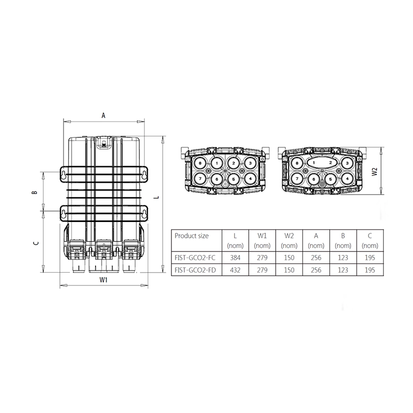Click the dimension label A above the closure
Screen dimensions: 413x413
click(x=104, y=115)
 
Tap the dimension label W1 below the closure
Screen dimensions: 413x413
click(x=104, y=280)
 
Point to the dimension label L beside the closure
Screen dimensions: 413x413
click(x=157, y=197)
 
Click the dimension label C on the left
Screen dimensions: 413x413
click(x=36, y=243)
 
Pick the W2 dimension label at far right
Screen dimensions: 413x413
click(x=375, y=172)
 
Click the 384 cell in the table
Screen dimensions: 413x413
click(x=235, y=258)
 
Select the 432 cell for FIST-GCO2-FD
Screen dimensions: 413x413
click(x=235, y=270)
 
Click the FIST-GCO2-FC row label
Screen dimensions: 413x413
click(x=195, y=258)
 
